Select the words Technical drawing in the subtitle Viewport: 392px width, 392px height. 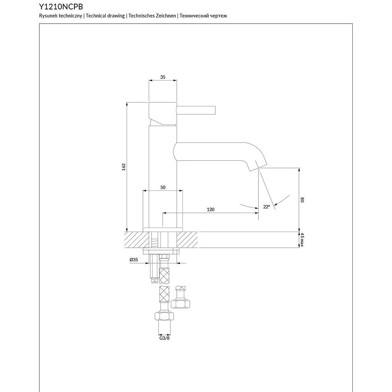click(105, 16)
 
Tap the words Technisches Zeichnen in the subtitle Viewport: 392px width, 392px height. click(152, 16)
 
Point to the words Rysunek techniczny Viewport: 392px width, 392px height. click(61, 16)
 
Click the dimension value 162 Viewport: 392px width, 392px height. click(123, 166)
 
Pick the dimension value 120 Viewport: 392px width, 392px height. click(210, 209)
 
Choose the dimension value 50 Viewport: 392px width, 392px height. click(163, 187)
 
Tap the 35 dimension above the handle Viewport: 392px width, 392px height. click(163, 77)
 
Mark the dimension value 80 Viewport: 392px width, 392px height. click(303, 200)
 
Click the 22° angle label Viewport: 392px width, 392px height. click(267, 207)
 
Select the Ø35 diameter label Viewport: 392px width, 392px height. click(133, 260)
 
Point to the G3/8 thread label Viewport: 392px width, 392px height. click(164, 337)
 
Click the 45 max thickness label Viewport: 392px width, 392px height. click(303, 240)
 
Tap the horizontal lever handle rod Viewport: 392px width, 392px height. click(197, 110)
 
